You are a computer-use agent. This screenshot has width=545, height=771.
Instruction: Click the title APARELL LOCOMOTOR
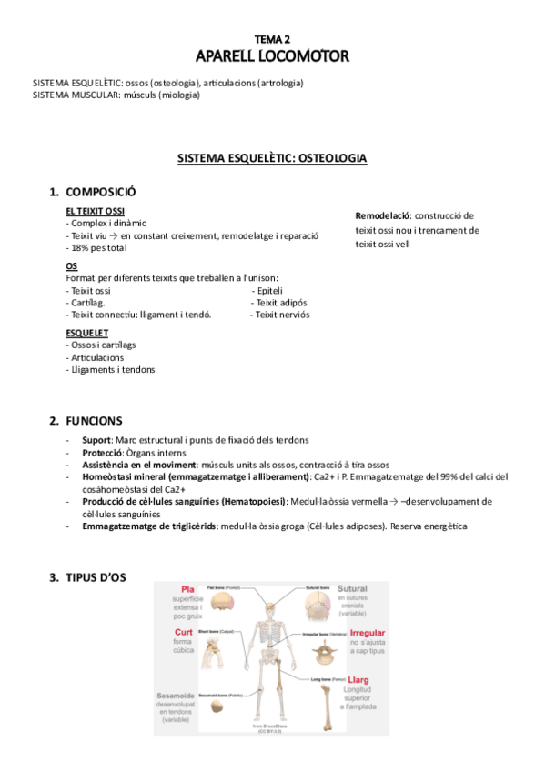[272, 57]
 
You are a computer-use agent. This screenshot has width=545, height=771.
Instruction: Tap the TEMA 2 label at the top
[272, 40]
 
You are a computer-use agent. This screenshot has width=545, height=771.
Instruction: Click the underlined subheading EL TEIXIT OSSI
[96, 211]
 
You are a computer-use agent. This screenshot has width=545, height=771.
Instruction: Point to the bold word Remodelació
[383, 216]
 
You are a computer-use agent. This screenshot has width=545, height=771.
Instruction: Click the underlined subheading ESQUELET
[88, 333]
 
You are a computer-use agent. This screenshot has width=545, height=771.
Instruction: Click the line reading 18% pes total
[98, 247]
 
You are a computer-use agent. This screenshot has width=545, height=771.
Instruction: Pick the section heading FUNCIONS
[94, 421]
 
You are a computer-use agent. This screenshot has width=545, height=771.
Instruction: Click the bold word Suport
[96, 440]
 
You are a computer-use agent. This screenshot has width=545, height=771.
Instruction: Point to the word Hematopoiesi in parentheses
[254, 501]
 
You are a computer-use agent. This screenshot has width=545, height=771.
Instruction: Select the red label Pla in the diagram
[188, 589]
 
